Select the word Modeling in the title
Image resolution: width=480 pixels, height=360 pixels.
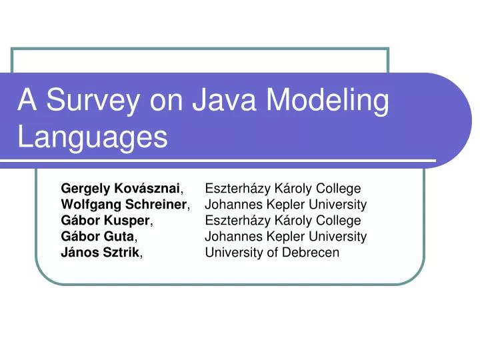pos(327,101)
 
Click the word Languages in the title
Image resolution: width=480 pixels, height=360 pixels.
pos(92,137)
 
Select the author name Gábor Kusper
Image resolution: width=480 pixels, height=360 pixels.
pos(107,221)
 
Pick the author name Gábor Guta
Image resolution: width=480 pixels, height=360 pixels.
pos(99,237)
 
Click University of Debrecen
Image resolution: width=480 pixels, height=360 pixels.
pos(272,253)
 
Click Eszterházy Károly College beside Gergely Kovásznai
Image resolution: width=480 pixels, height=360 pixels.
pos(283,189)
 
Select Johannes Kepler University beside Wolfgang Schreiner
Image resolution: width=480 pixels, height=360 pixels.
pos(286,205)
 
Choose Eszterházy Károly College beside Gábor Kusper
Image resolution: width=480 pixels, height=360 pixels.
pos(283,221)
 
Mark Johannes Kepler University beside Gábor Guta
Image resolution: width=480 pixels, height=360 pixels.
pos(286,237)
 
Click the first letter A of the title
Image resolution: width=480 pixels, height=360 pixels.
pos(26,101)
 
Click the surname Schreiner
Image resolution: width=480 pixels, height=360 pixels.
pos(160,205)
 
